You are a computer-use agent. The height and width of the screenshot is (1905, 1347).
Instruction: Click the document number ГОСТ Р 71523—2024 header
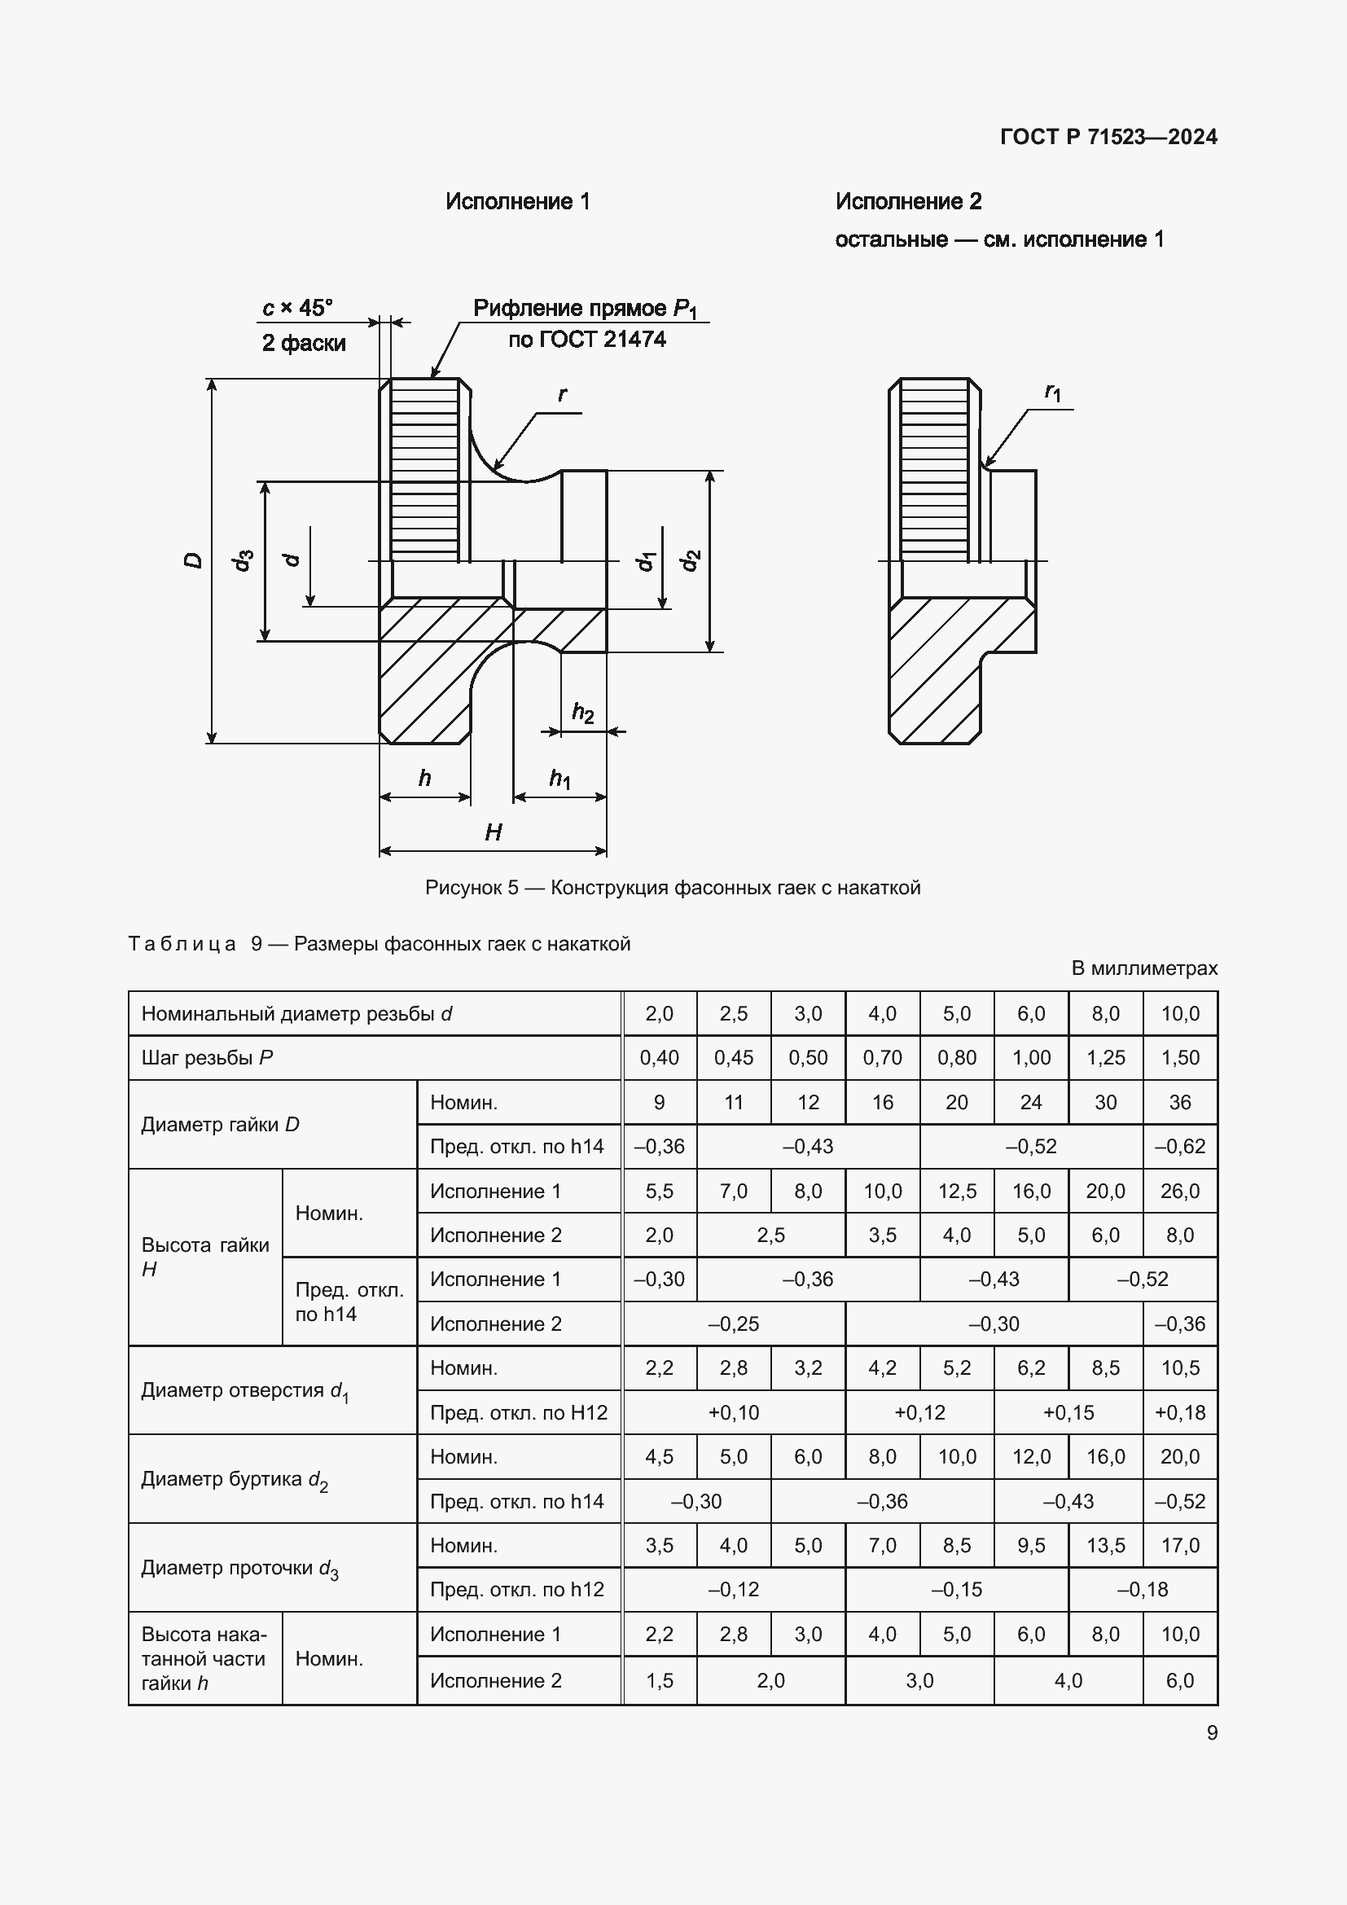(x=1108, y=137)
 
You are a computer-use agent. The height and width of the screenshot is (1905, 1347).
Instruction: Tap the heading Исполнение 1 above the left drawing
(x=518, y=202)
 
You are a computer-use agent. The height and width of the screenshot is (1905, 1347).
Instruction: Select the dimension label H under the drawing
(x=494, y=832)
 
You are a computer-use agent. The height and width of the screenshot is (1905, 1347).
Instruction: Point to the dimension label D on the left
(x=193, y=560)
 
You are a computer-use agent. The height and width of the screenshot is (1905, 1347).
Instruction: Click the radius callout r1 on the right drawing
(x=1052, y=392)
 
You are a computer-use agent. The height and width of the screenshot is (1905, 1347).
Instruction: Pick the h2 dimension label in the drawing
(x=583, y=712)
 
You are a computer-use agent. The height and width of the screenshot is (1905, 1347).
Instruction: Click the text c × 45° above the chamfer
(x=298, y=308)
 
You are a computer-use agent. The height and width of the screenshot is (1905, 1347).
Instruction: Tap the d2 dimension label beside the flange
(x=690, y=561)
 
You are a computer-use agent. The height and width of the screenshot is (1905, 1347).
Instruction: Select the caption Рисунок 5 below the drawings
(x=673, y=888)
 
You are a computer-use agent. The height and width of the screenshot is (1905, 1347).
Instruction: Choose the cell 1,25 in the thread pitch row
(x=1106, y=1058)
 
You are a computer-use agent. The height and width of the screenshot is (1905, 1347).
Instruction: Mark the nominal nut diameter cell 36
(x=1179, y=1103)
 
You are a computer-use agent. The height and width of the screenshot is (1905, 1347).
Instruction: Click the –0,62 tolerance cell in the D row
(x=1179, y=1147)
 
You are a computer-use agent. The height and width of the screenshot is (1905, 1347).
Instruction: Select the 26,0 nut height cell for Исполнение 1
(x=1179, y=1192)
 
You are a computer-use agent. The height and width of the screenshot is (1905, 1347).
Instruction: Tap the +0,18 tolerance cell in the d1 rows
(x=1179, y=1412)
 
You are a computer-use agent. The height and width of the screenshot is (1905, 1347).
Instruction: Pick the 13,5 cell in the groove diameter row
(x=1106, y=1546)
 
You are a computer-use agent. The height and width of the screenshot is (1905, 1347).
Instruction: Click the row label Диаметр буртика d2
(x=235, y=1479)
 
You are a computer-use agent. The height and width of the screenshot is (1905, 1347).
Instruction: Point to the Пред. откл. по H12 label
(x=519, y=1412)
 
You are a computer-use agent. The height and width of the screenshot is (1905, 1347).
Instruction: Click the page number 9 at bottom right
(x=1212, y=1733)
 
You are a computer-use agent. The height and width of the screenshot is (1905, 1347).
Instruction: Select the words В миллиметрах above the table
(x=1143, y=968)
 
